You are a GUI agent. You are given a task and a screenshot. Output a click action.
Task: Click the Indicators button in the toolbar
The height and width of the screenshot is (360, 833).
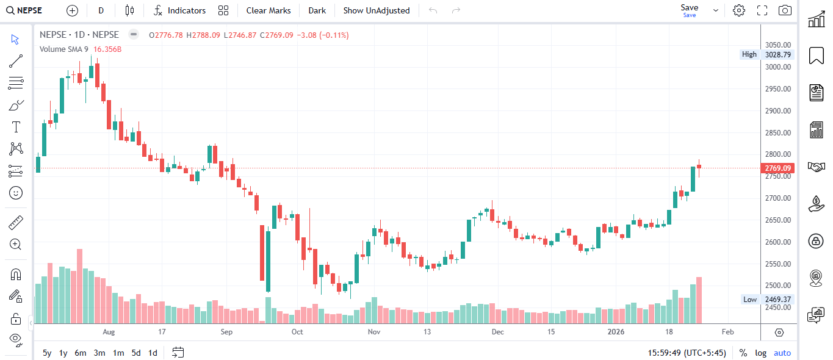pos(180,10)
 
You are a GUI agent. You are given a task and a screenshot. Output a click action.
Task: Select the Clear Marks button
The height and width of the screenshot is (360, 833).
pos(269,10)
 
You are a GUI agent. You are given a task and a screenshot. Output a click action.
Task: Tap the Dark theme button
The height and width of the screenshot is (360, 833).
pos(317,10)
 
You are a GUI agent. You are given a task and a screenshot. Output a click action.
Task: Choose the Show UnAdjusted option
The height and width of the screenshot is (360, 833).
pos(377,10)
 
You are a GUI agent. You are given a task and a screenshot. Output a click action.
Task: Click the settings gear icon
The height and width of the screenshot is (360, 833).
pos(739,10)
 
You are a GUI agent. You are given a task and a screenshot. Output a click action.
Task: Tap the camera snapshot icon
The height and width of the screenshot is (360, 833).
pos(785,10)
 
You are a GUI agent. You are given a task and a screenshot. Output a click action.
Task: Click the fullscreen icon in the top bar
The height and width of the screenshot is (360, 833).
pos(762,10)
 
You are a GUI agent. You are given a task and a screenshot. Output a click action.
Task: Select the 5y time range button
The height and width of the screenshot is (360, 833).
pos(47,353)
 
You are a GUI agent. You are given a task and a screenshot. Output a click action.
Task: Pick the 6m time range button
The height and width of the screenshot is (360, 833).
pos(81,353)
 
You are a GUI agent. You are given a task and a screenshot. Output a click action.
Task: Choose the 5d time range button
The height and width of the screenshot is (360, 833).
pos(136,353)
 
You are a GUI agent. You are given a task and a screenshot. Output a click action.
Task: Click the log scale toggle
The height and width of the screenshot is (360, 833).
pos(760,353)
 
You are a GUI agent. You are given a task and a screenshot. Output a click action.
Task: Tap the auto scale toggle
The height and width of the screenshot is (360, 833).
pos(782,353)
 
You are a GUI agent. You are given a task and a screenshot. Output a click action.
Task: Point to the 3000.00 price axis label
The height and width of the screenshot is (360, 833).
pos(778,67)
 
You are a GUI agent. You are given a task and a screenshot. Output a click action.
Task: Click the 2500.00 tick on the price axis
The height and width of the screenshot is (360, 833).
pos(778,286)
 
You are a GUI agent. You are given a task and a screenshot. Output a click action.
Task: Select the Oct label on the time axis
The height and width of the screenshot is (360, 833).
pos(297,332)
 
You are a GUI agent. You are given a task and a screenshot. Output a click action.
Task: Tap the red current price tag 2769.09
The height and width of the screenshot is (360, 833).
pos(778,168)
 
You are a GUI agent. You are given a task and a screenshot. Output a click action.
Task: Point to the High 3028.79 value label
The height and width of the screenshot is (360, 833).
pos(777,54)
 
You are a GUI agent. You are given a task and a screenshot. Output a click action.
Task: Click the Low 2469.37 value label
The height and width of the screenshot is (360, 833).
pos(777,300)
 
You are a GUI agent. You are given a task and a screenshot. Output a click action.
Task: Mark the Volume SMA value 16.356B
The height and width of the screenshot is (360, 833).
pos(107,49)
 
